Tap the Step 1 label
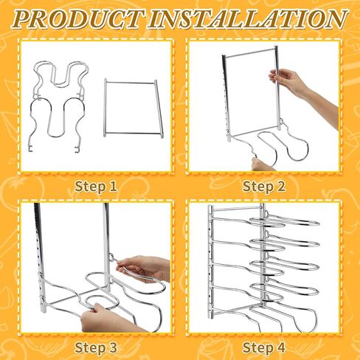point(97,186)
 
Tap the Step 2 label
point(263,186)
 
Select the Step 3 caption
point(97,347)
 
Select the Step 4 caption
point(263,347)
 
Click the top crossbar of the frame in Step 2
point(251,51)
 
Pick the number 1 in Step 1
point(114,186)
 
